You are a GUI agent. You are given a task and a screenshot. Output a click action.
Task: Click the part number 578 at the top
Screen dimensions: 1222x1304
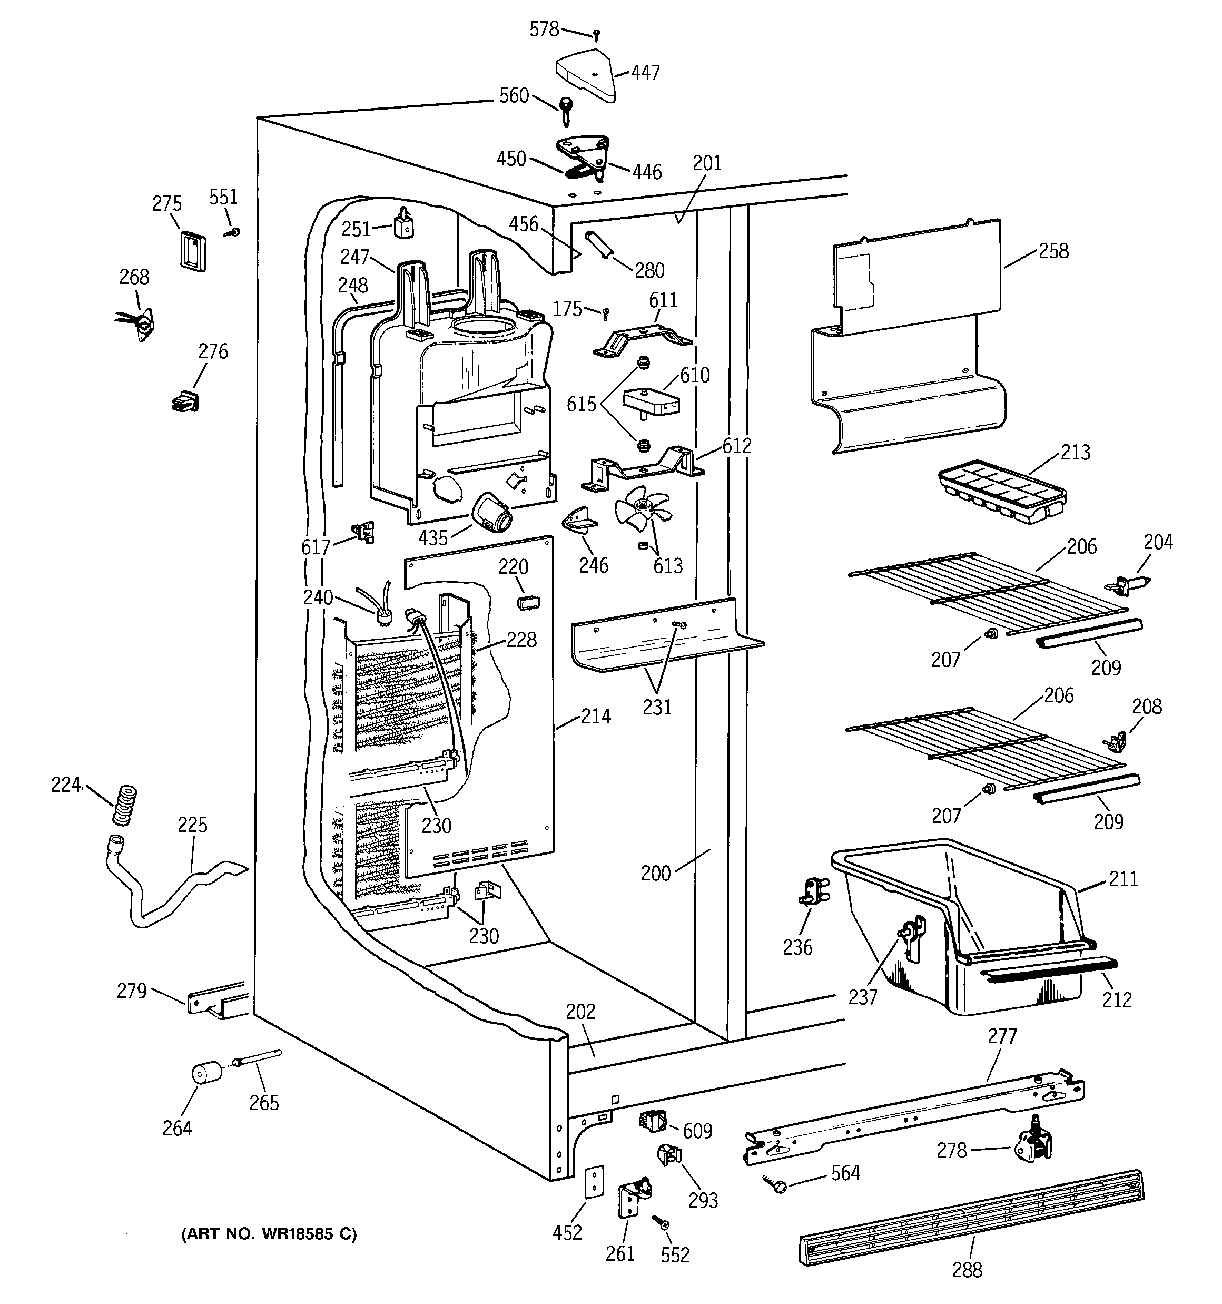[x=545, y=29]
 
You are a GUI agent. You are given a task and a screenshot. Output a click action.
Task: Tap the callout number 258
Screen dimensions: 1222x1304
[x=1053, y=251]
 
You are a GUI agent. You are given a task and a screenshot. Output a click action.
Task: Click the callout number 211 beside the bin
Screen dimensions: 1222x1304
[x=1123, y=878]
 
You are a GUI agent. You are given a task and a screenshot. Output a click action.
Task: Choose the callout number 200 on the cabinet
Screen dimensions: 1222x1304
[x=655, y=873]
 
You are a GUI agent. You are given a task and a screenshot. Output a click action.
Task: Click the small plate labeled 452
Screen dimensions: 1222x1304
[x=594, y=1182]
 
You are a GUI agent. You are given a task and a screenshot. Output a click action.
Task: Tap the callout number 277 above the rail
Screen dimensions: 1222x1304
[x=1002, y=1036]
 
